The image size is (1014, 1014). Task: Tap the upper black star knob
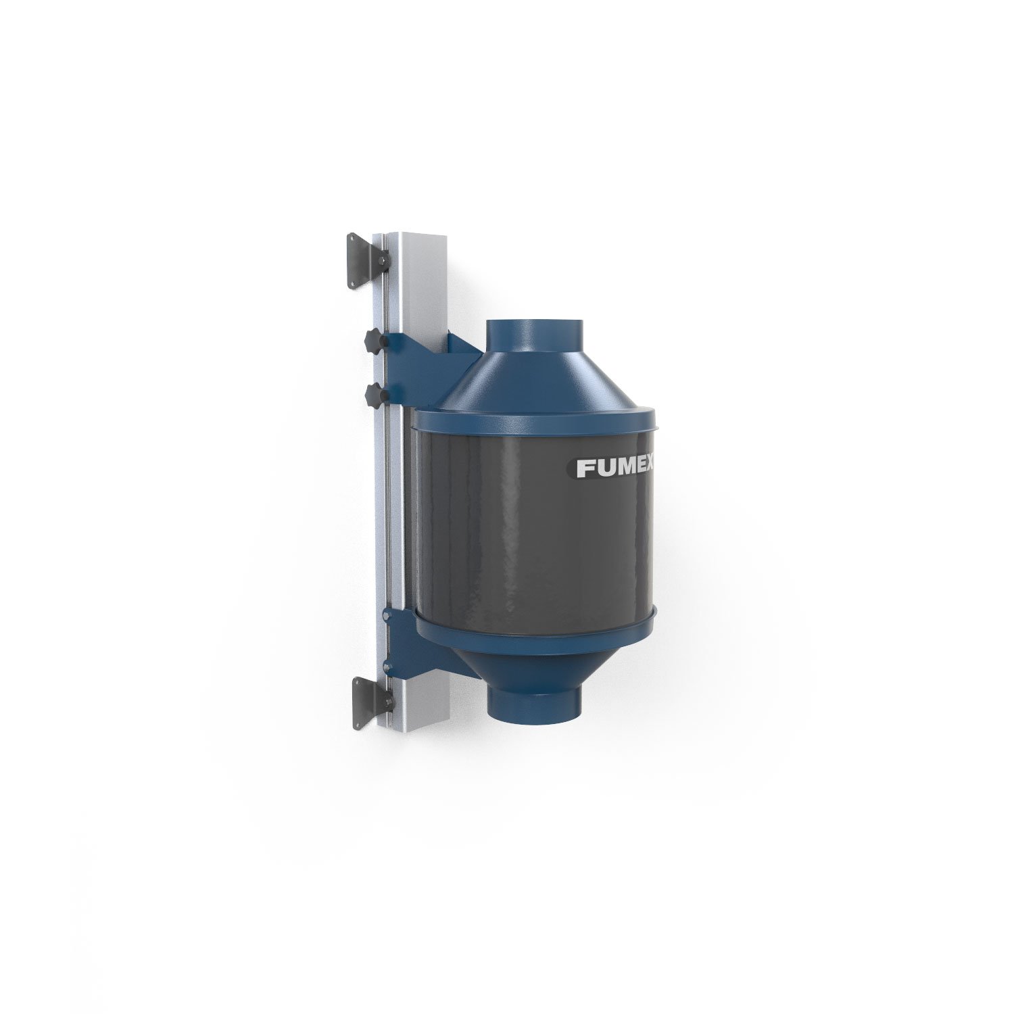373,339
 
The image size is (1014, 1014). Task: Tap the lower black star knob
373,395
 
